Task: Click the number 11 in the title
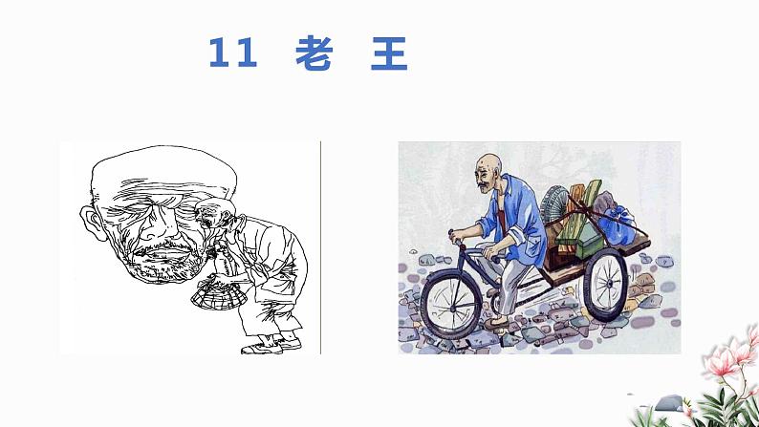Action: (232, 54)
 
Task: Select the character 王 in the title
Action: (388, 54)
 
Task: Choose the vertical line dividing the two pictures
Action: (320, 247)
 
